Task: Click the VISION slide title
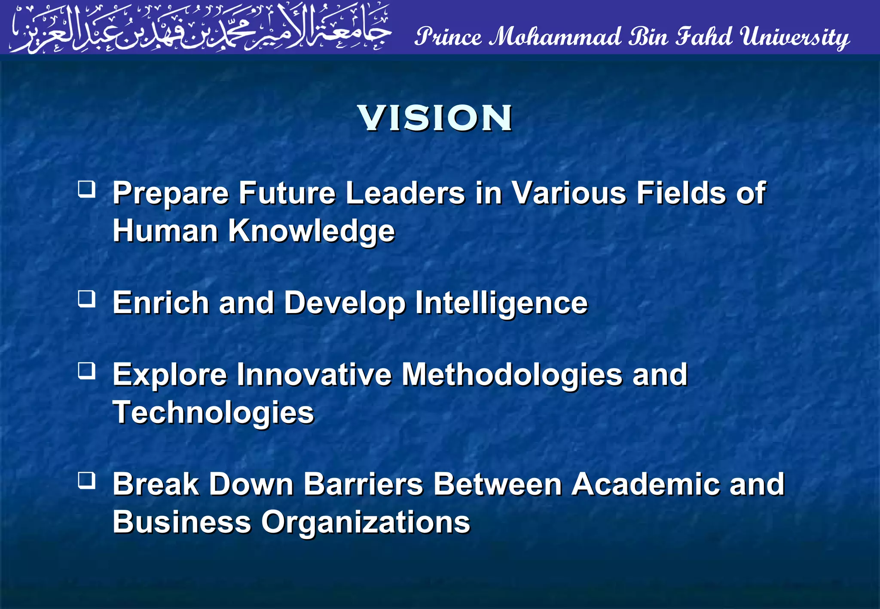pyautogui.click(x=435, y=118)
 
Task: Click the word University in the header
pyautogui.click(x=794, y=37)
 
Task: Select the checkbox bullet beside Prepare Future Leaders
pyautogui.click(x=87, y=189)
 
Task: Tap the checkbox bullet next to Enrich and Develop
pyautogui.click(x=87, y=298)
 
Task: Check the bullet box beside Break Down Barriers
pyautogui.click(x=87, y=480)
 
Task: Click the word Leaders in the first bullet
pyautogui.click(x=405, y=193)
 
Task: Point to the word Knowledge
pyautogui.click(x=311, y=231)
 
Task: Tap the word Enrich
pyautogui.click(x=161, y=303)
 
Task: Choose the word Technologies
pyautogui.click(x=213, y=413)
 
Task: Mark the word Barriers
pyautogui.click(x=364, y=484)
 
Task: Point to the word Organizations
pyautogui.click(x=366, y=522)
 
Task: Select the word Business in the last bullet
pyautogui.click(x=182, y=522)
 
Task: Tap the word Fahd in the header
pyautogui.click(x=703, y=37)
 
